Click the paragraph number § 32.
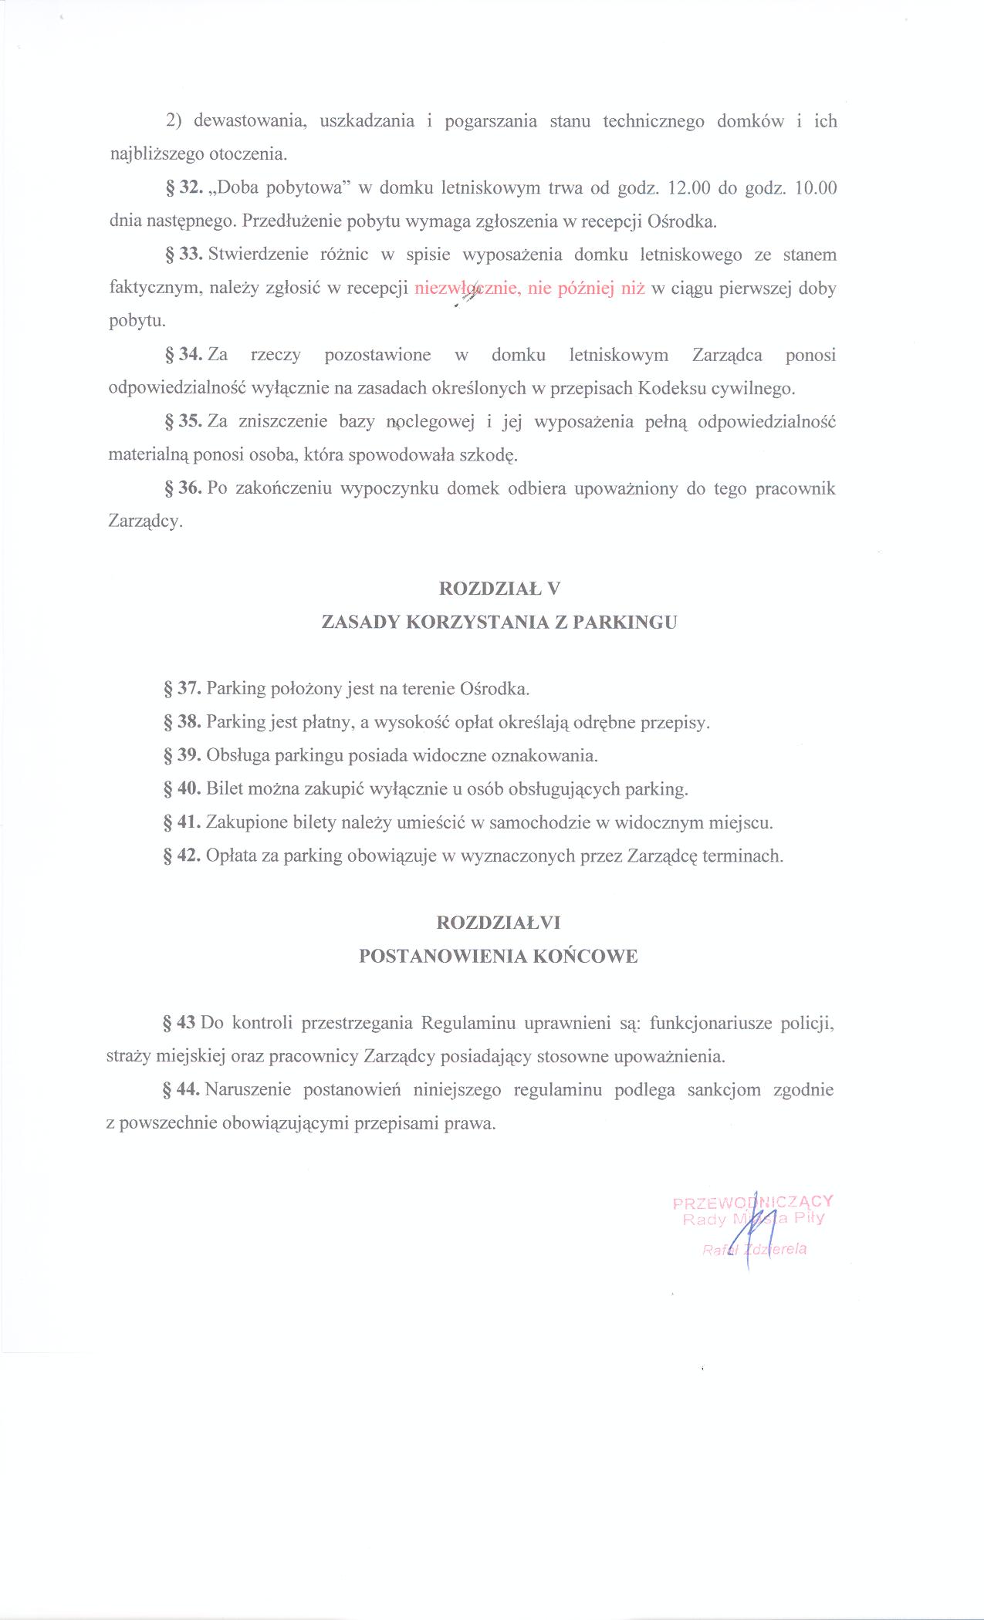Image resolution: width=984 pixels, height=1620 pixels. (183, 188)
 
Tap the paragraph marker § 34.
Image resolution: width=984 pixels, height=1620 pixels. (183, 355)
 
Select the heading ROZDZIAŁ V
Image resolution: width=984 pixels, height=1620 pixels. (499, 589)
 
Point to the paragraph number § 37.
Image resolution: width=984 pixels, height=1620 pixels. (182, 688)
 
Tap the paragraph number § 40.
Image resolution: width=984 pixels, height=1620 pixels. (182, 789)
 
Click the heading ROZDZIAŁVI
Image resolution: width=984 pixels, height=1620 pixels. (499, 923)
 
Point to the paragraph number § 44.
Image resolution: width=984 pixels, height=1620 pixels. (182, 1090)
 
